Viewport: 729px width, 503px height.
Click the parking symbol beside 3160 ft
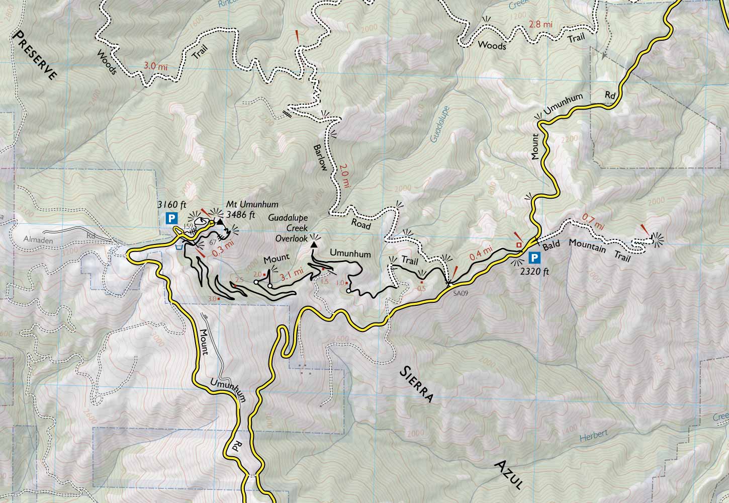[x=172, y=218]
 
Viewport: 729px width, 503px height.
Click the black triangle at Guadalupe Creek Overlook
[x=314, y=244]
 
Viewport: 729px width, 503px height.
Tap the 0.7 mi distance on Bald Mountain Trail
[x=592, y=222]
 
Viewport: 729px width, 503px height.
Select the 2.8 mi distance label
[x=541, y=24]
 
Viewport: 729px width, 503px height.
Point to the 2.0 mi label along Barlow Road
[x=344, y=176]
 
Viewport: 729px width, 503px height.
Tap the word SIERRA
[x=416, y=384]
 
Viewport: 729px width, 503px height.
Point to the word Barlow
[x=320, y=158]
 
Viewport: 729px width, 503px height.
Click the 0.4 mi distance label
[x=481, y=251]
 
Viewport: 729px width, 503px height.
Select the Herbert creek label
[x=594, y=434]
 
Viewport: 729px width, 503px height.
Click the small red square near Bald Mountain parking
[x=519, y=245]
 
